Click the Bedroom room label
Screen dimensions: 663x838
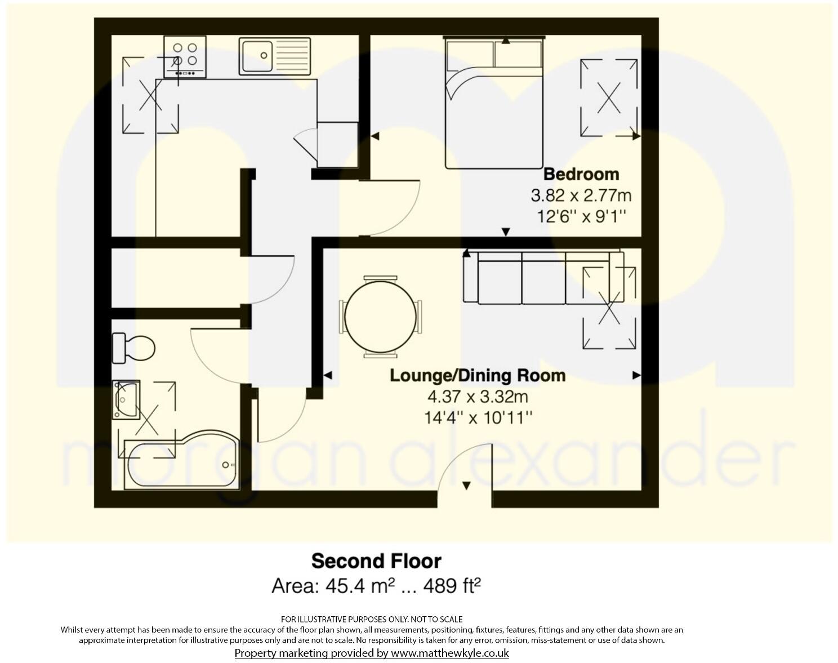[581, 174]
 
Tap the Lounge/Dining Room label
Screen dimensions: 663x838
[478, 376]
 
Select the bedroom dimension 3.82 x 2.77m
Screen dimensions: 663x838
[581, 195]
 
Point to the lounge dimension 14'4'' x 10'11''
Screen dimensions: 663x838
[478, 418]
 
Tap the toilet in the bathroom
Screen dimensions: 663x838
[134, 348]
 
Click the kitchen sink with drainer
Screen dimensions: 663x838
[274, 56]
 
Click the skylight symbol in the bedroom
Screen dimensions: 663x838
[609, 98]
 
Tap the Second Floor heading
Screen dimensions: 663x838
[376, 561]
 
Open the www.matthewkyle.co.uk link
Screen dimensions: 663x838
[450, 653]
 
